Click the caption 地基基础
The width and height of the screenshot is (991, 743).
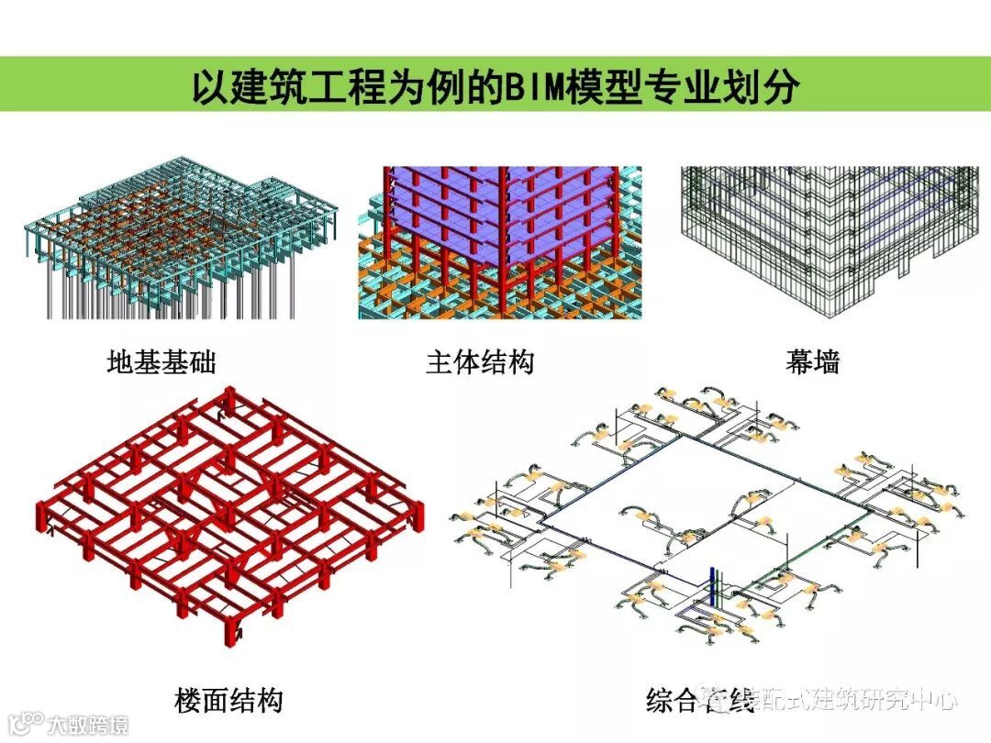coord(161,362)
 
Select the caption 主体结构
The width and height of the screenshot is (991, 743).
coord(479,362)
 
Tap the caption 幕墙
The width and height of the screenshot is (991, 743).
coord(812,362)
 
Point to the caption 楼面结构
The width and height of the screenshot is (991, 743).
coord(228,702)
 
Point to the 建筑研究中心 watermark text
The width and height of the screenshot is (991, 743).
coord(881,703)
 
